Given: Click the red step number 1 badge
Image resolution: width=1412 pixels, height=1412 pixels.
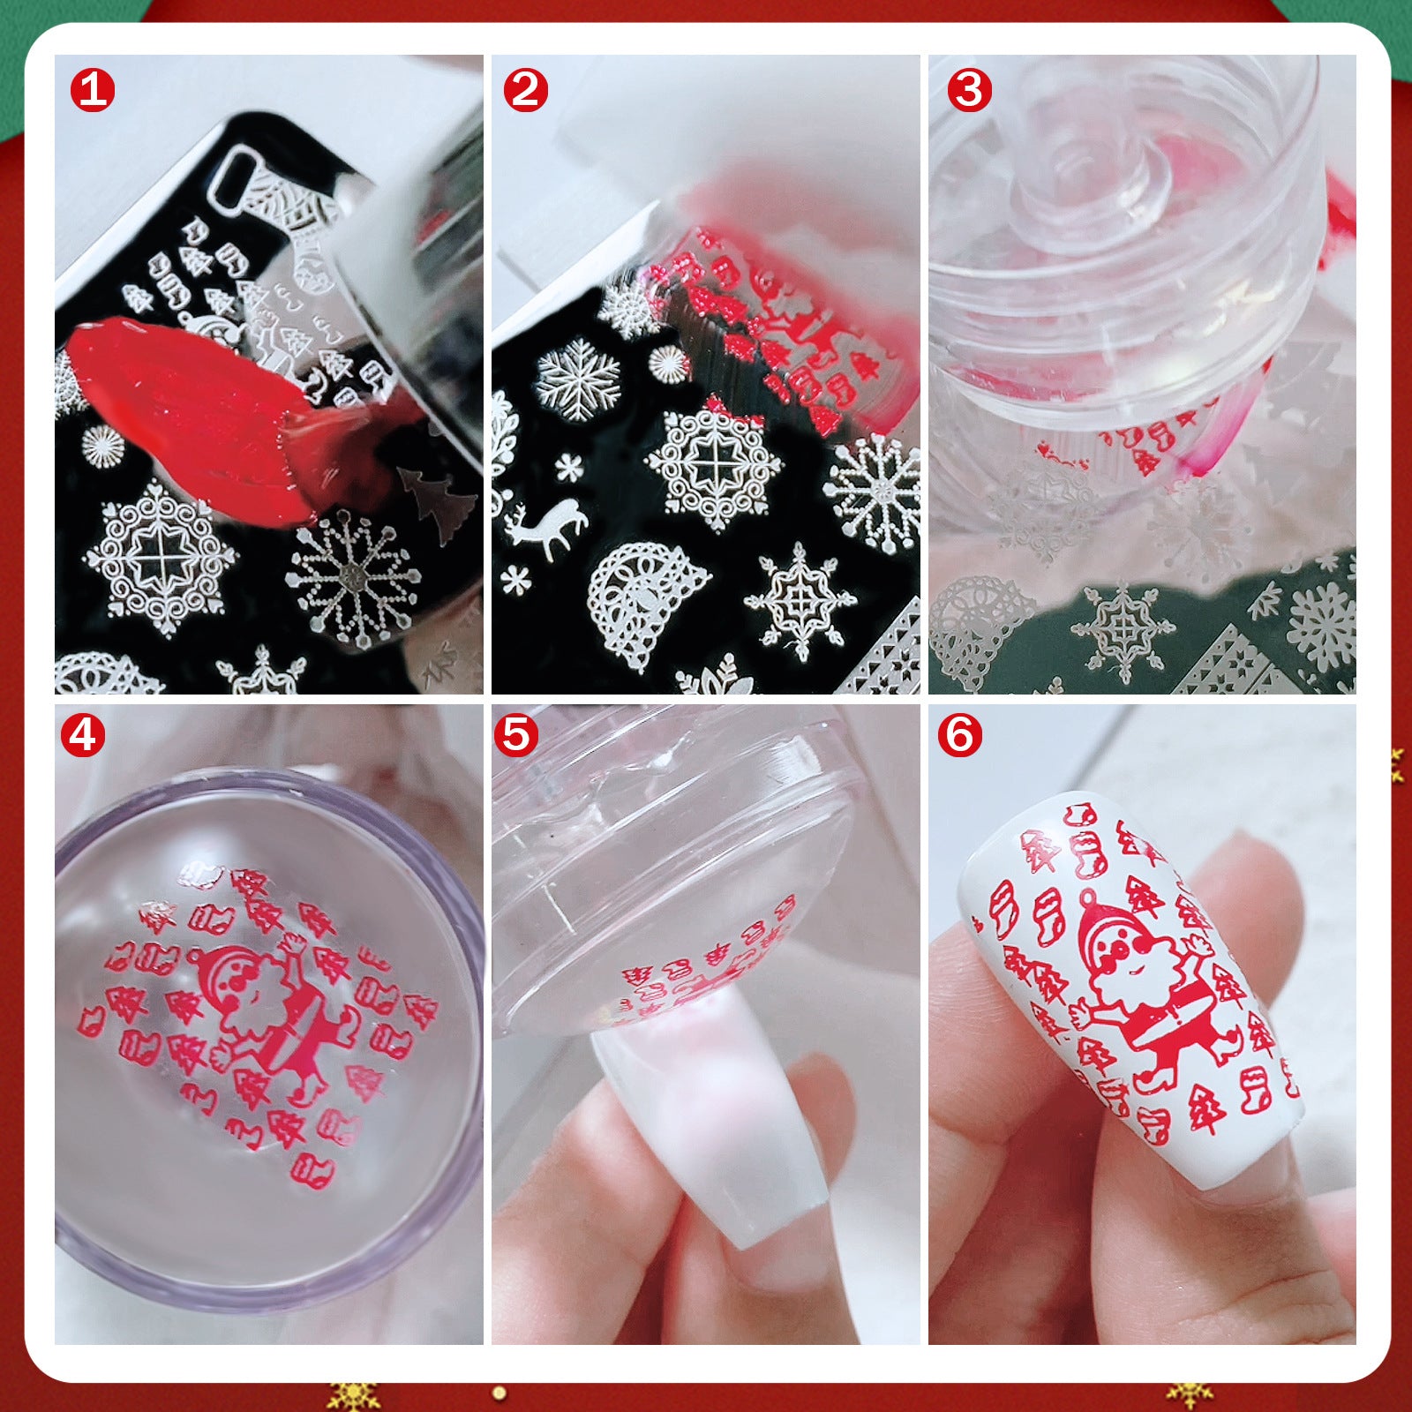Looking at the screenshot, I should (x=93, y=90).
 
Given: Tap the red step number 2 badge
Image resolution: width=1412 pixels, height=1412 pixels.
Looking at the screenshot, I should (x=526, y=90).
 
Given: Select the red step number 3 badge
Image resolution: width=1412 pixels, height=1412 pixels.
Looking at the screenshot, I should (x=970, y=90).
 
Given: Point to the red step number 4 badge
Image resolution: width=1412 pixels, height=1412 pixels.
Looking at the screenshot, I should (x=83, y=734).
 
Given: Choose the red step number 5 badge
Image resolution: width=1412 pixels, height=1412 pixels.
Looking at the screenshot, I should (x=516, y=734).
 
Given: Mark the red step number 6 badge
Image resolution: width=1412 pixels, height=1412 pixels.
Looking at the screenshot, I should (x=959, y=734).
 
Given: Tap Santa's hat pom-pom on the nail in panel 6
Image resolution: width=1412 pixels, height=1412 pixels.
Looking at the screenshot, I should (x=1090, y=898).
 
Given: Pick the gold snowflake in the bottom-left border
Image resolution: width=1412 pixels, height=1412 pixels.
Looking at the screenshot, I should (x=353, y=1395).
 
